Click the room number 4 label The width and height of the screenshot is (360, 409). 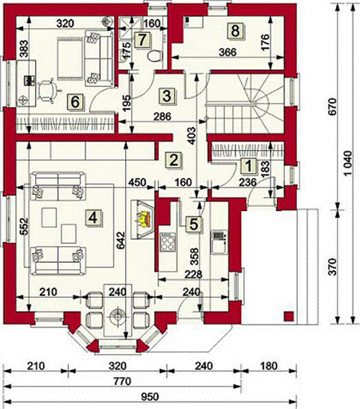pyautogui.click(x=93, y=218)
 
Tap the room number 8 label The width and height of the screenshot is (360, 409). pyautogui.click(x=235, y=31)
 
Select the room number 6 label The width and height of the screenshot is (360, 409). pyautogui.click(x=75, y=102)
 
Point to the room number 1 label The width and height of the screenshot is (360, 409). pyautogui.click(x=248, y=166)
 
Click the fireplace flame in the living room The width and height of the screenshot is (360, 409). pyautogui.click(x=143, y=219)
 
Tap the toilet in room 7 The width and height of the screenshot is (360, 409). pyautogui.click(x=154, y=56)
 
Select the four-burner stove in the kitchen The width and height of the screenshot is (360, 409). pyautogui.click(x=168, y=242)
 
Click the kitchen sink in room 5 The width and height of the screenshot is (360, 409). pyautogui.click(x=219, y=242)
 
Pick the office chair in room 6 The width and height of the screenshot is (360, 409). pyautogui.click(x=47, y=90)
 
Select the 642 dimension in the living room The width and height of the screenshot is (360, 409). pyautogui.click(x=121, y=240)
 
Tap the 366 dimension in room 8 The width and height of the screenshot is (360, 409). pyautogui.click(x=227, y=52)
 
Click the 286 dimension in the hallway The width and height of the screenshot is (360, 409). pyautogui.click(x=163, y=117)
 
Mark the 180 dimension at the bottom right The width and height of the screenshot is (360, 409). pyautogui.click(x=269, y=366)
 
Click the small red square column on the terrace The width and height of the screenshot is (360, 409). pyautogui.click(x=289, y=316)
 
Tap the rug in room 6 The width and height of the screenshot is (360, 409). pyautogui.click(x=69, y=58)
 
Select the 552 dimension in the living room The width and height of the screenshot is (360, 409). pyautogui.click(x=24, y=227)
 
